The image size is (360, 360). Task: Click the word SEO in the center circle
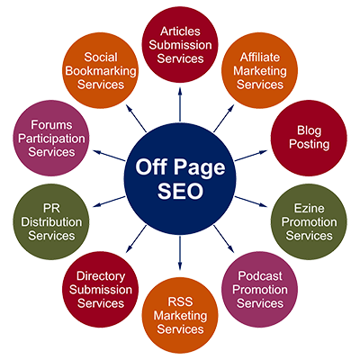point(180,191)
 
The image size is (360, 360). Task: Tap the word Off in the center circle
point(150,166)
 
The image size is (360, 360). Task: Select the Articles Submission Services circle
point(180,44)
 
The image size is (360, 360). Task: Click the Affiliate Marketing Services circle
point(259,70)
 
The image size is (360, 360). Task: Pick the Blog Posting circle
point(309,138)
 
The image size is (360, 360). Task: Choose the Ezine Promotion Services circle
point(309,222)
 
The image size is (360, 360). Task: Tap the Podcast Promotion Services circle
point(259,290)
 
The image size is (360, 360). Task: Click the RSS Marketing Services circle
point(180,316)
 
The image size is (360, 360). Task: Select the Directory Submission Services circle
point(101,290)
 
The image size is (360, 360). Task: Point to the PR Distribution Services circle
point(51,222)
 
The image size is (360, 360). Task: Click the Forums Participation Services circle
point(51,138)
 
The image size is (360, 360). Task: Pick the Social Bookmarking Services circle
point(101,70)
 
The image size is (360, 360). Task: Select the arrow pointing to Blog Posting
point(251,156)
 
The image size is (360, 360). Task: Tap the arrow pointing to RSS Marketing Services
point(180,254)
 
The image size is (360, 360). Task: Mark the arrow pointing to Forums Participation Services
point(109,156)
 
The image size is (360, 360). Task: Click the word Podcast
point(260,276)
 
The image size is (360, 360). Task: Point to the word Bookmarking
point(101,71)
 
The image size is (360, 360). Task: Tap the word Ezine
point(309,208)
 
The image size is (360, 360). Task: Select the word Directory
point(101,276)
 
